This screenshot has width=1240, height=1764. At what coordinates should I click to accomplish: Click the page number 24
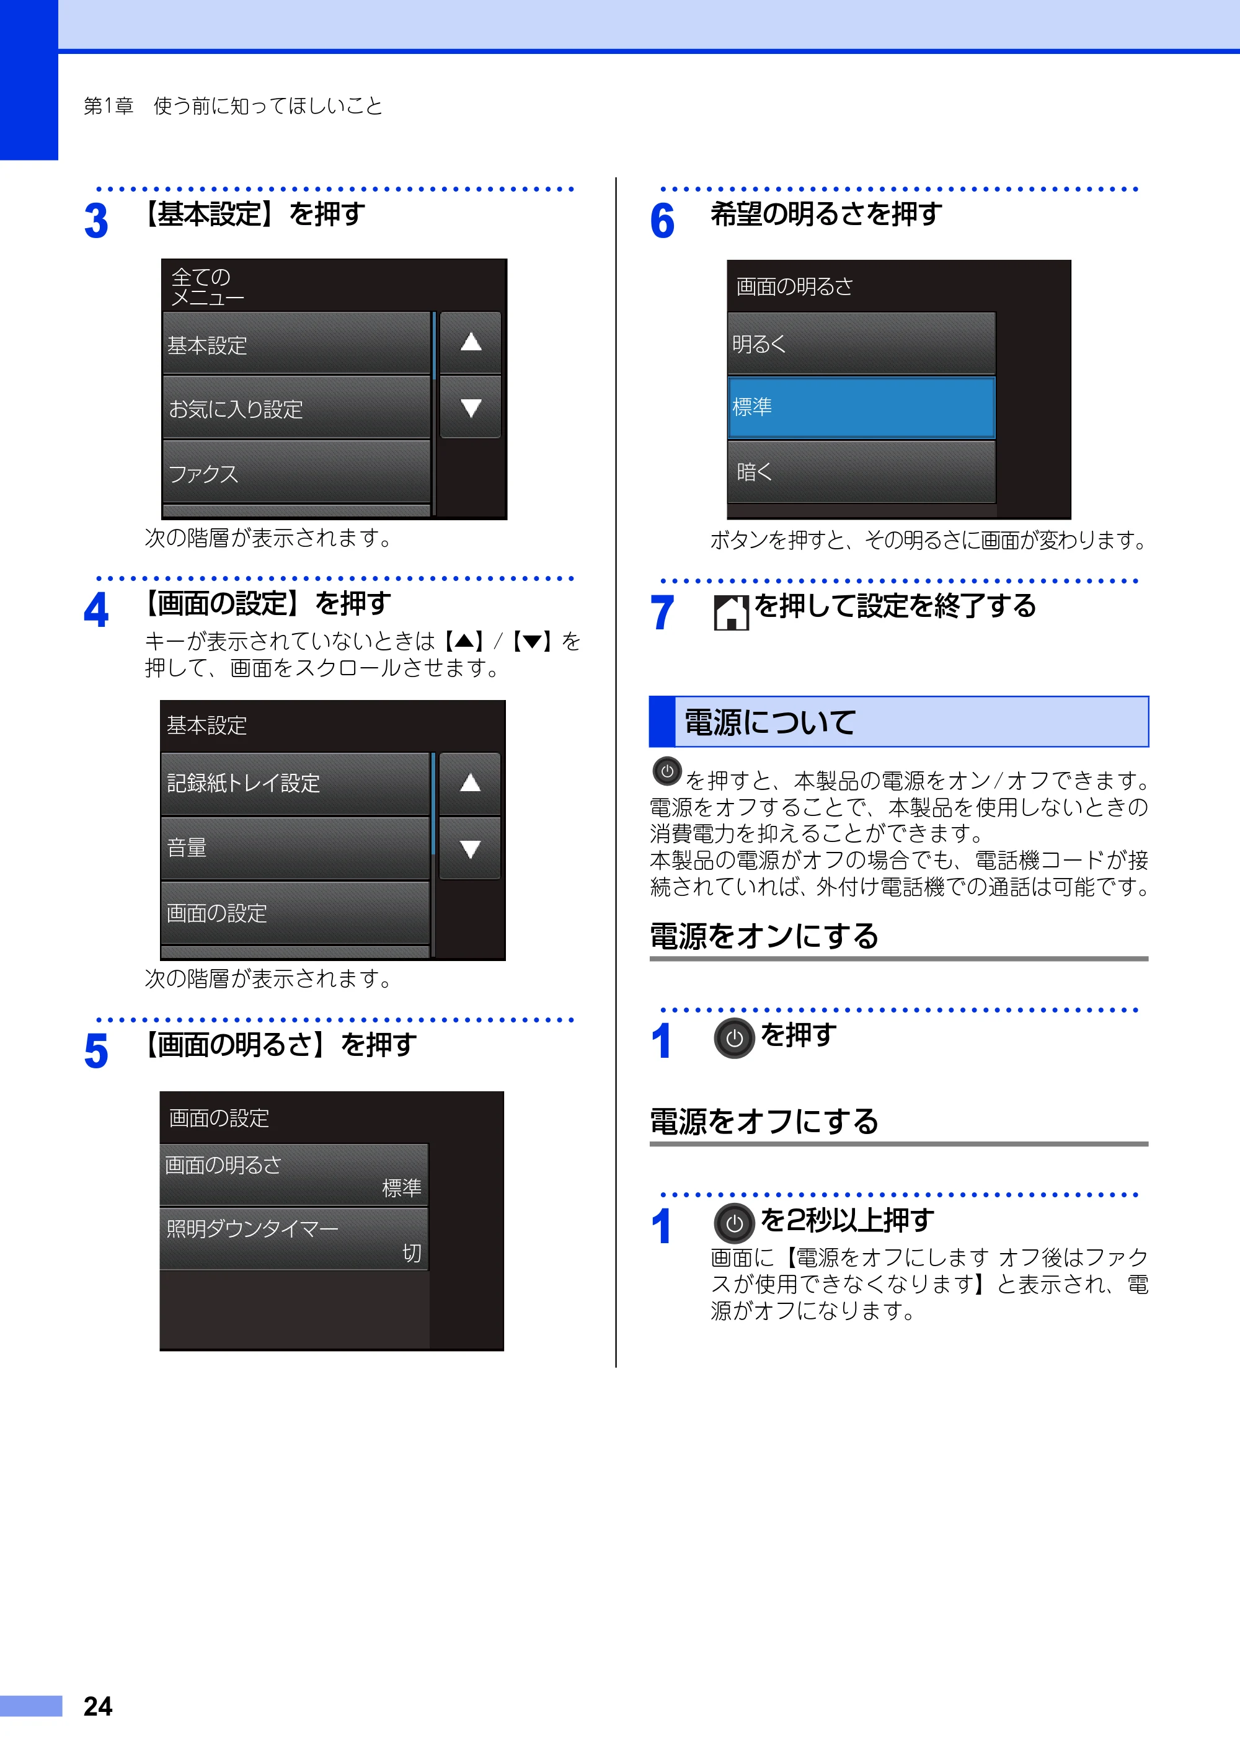coord(97,1706)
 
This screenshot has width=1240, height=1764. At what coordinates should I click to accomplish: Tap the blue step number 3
coord(96,221)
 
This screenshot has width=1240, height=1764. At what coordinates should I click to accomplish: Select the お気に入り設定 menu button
coord(296,407)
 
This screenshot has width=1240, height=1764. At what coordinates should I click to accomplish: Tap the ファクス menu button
coord(296,472)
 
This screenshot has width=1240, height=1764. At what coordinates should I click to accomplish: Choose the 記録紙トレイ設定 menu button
coord(295,784)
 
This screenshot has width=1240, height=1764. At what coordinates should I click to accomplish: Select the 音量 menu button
coord(295,848)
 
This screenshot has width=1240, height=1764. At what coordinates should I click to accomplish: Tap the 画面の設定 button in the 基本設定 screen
coord(295,913)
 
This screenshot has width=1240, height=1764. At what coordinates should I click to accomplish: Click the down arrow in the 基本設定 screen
coord(469,848)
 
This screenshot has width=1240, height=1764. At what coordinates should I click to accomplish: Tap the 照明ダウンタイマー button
coord(294,1238)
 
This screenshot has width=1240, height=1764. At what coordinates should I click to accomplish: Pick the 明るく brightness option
coord(861,343)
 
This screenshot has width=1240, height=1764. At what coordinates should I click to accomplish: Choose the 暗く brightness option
coord(861,472)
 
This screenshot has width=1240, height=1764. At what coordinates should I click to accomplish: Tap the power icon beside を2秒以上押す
coord(735,1223)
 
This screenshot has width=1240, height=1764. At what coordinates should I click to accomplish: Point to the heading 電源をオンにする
coord(764,936)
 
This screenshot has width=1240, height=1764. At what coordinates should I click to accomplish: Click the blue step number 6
coord(662,221)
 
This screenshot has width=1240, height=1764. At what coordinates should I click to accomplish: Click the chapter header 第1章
coord(108,105)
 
